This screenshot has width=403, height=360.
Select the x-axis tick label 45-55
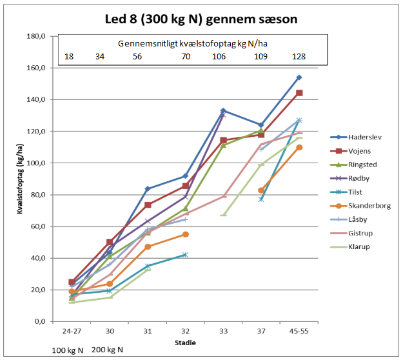pyautogui.click(x=299, y=331)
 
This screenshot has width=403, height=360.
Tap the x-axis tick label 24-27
pyautogui.click(x=73, y=331)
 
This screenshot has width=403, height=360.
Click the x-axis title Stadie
pyautogui.click(x=186, y=342)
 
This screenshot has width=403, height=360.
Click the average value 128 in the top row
pyautogui.click(x=299, y=57)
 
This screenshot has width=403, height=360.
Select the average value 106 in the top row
pyautogui.click(x=220, y=57)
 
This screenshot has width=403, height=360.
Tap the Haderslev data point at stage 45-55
pyautogui.click(x=299, y=77)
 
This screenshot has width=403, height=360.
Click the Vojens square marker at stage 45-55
pyautogui.click(x=299, y=93)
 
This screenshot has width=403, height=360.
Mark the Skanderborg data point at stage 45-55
pyautogui.click(x=299, y=147)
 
